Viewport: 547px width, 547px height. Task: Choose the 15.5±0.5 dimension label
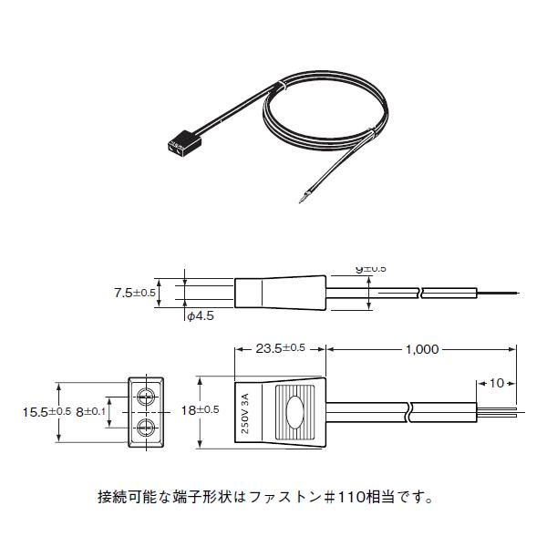click(x=46, y=411)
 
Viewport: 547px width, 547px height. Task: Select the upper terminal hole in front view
click(x=146, y=397)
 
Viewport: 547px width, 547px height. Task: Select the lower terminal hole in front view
click(x=146, y=426)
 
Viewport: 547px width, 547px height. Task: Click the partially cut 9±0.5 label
click(x=370, y=269)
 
